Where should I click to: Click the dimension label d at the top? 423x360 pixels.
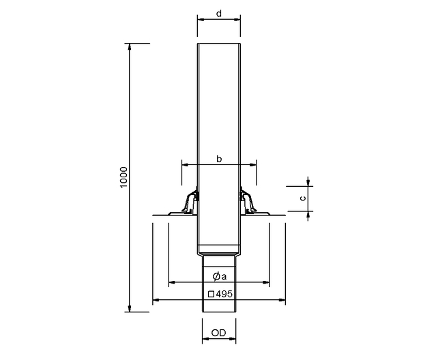click(x=219, y=14)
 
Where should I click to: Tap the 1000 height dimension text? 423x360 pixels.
click(x=123, y=177)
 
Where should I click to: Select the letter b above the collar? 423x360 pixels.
click(x=219, y=159)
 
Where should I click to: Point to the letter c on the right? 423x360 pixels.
click(x=303, y=198)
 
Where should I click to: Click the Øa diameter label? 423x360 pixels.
click(x=220, y=276)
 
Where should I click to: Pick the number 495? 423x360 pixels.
click(x=224, y=294)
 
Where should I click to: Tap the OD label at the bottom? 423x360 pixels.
click(x=218, y=333)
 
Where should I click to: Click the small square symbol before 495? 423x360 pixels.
click(x=211, y=294)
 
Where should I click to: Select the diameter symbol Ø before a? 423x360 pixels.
click(x=216, y=276)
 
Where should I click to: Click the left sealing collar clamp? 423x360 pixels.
click(x=190, y=201)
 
